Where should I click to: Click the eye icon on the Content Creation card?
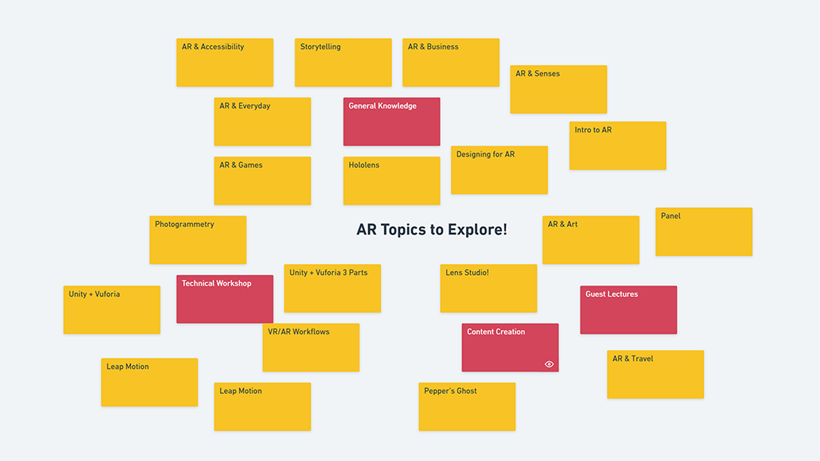[x=549, y=364]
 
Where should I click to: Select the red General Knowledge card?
[x=391, y=122]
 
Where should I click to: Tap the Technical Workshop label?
[x=216, y=284]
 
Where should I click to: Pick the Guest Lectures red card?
[x=628, y=310]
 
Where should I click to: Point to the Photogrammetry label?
[x=184, y=224]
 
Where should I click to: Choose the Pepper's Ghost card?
[x=467, y=407]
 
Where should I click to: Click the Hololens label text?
[x=364, y=165]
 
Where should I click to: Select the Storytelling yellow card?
[x=343, y=63]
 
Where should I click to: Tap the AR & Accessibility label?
[x=213, y=47]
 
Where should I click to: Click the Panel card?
[x=704, y=232]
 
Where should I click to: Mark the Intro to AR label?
[x=593, y=130]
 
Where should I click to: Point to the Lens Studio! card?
[x=488, y=288]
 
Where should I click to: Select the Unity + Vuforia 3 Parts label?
[x=328, y=273]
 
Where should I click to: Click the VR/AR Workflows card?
[x=311, y=348]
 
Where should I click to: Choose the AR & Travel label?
[x=632, y=359]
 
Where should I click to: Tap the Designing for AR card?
[x=499, y=170]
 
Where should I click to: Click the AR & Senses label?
[x=538, y=74]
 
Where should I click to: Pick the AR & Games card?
[x=262, y=181]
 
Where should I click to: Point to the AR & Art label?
[x=562, y=224]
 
